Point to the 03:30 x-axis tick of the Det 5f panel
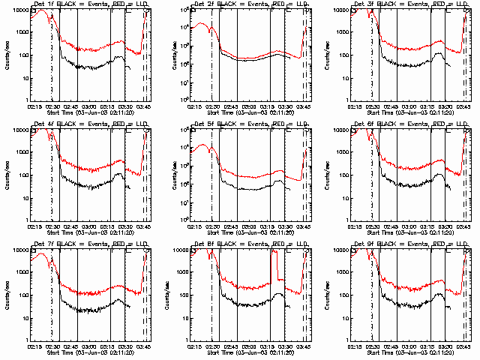285,226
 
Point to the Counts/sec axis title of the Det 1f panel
9,55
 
